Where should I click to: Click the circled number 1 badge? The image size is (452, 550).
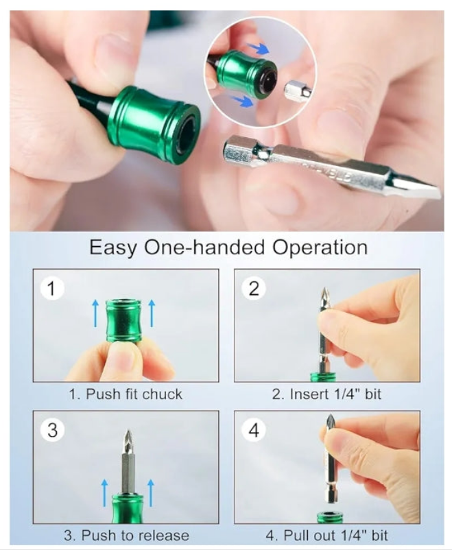point(52,288)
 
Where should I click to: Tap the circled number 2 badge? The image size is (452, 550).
point(254,288)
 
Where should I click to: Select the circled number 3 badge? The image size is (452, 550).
point(52,430)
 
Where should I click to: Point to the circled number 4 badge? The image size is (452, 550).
point(254,430)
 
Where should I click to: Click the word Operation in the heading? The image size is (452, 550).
point(320,248)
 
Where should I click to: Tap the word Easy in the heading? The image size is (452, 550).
point(112,248)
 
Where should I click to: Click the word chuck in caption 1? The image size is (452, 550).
point(162,394)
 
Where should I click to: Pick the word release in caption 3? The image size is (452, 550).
point(163,536)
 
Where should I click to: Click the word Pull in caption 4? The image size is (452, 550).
point(294,536)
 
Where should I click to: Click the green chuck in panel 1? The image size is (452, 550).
point(123,320)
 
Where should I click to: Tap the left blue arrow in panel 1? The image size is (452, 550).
point(95,313)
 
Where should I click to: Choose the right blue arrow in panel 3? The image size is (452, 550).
point(151,493)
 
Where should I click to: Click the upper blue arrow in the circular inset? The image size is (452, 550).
point(259,49)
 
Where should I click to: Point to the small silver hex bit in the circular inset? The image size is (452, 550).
point(297,92)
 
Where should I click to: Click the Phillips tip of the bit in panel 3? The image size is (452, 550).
point(128,438)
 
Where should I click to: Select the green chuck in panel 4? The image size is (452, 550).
point(330,518)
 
